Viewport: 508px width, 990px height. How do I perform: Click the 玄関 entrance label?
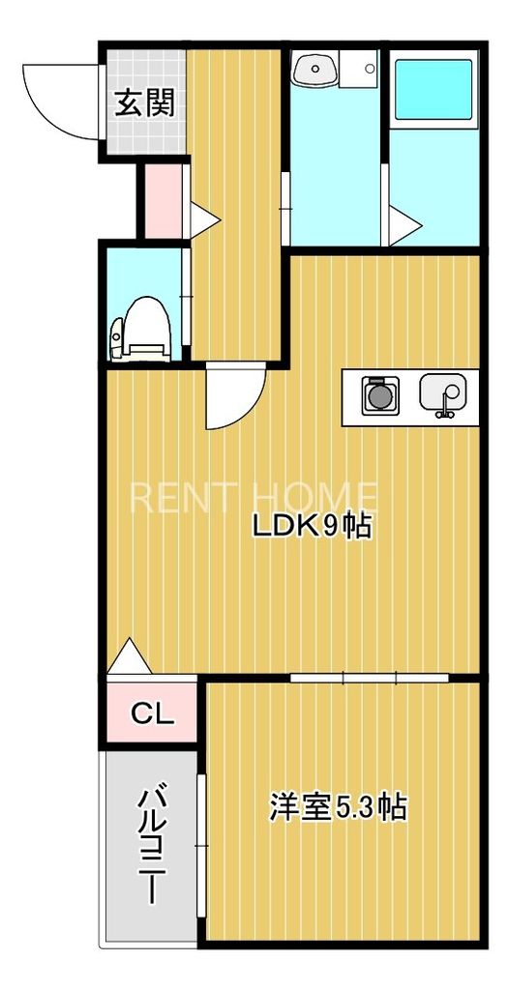coord(145,102)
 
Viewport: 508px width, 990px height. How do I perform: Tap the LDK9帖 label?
coord(313,527)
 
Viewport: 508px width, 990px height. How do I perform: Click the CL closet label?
coord(152,714)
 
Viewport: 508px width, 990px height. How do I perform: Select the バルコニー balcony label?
coord(150,845)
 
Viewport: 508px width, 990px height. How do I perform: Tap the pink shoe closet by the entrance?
coord(163,200)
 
